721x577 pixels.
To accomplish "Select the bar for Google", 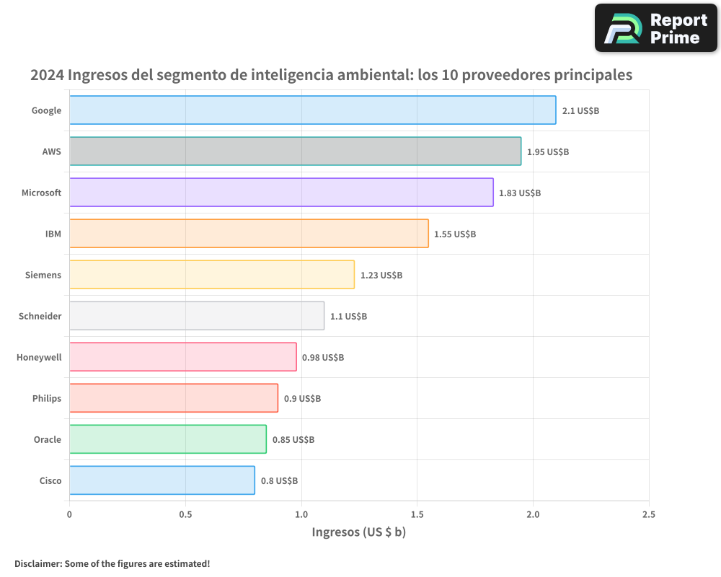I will click(x=312, y=110).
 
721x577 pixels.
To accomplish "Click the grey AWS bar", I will click(x=295, y=151).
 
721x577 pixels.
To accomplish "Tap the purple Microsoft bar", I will click(x=281, y=193).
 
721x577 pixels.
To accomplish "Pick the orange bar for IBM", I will click(x=249, y=234).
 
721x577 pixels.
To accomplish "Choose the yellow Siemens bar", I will click(x=212, y=275).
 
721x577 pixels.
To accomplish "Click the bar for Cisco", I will click(x=162, y=480).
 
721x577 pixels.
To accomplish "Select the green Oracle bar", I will click(x=168, y=439).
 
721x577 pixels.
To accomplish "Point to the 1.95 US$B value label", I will click(x=548, y=152).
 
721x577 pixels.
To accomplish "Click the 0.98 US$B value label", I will click(x=323, y=358).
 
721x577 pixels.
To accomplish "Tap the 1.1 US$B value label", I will click(x=348, y=317).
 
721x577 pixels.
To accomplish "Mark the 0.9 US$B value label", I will click(x=302, y=399).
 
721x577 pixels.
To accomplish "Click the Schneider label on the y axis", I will click(x=40, y=316).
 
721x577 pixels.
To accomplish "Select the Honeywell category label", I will click(x=39, y=357).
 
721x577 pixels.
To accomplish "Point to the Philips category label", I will click(x=47, y=398).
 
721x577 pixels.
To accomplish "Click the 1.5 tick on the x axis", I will click(x=417, y=514).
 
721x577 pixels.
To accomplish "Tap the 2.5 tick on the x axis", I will click(x=648, y=514).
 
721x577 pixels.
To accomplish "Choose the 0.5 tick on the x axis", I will click(x=185, y=514).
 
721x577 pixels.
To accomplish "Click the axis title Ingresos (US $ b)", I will click(x=359, y=532).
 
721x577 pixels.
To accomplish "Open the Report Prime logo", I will click(x=655, y=28).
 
